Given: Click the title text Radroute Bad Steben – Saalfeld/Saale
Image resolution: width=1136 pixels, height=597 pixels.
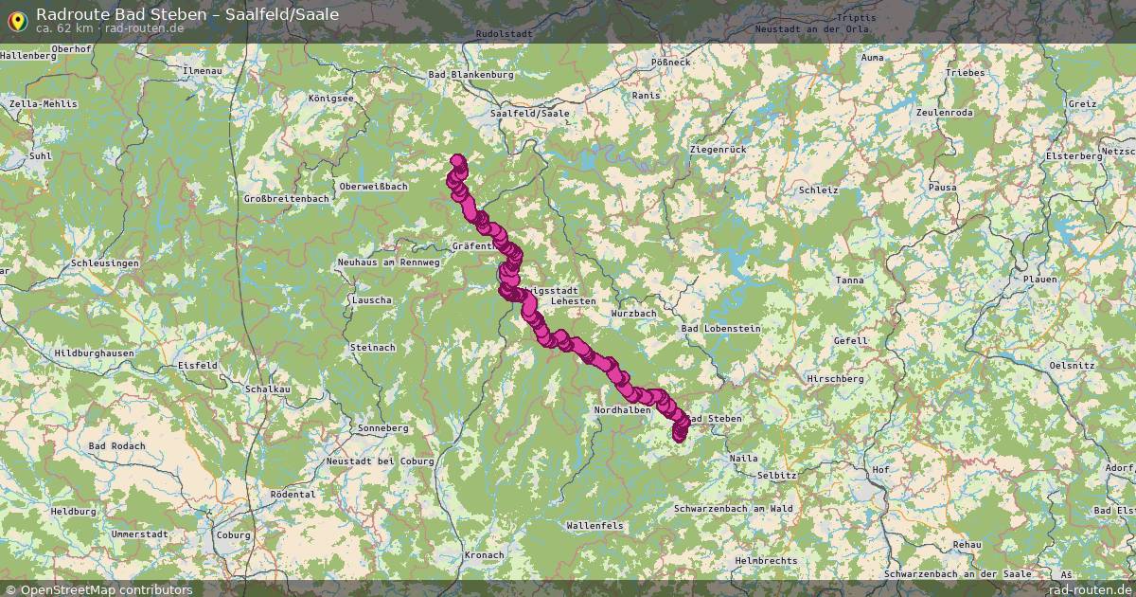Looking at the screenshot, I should coord(186,13).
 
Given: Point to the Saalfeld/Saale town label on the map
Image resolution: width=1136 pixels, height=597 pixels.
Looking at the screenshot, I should coord(530,113).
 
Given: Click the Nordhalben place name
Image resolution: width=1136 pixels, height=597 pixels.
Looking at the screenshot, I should coord(622,409).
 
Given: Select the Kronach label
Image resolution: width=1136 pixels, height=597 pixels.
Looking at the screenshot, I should coord(485,554).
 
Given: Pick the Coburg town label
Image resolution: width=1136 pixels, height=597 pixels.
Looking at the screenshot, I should coord(233,534).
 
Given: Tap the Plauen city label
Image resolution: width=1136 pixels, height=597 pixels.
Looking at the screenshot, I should coord(1038,280).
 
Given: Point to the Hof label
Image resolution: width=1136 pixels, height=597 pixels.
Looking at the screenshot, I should coord(880,469).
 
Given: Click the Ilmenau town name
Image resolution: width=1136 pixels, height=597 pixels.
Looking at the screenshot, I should coord(201,71).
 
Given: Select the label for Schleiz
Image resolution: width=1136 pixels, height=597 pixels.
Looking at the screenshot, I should coord(818,190).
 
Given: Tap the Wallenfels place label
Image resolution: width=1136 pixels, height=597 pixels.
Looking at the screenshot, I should coord(595,524).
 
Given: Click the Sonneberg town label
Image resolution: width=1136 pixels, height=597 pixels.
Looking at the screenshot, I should coord(383,428).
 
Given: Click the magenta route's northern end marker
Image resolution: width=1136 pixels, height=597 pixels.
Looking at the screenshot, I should coord(458,161).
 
